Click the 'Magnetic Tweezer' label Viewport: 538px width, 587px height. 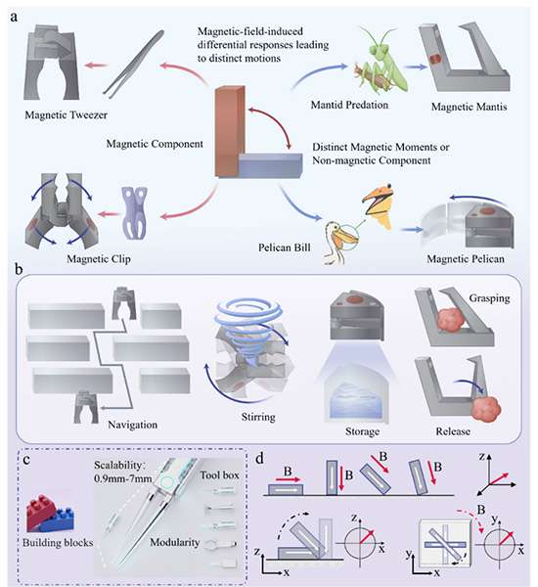[x=67, y=114]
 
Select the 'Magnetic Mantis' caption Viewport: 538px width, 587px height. [x=470, y=107]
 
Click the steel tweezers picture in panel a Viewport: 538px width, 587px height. [x=134, y=64]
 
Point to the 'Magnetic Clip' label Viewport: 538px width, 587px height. [x=99, y=258]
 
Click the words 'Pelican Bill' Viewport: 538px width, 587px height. [x=285, y=248]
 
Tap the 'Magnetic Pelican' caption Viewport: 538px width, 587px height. [x=466, y=258]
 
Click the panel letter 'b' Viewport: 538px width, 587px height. [x=19, y=269]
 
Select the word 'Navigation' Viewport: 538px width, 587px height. [x=132, y=425]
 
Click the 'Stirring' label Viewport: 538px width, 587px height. [x=258, y=417]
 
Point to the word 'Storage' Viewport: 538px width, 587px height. [x=362, y=431]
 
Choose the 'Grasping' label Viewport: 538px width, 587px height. [x=489, y=298]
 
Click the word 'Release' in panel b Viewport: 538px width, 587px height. [x=453, y=431]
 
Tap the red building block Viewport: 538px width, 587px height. [x=42, y=511]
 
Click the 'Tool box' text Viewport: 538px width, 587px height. [x=219, y=475]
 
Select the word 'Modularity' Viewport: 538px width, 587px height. [x=174, y=542]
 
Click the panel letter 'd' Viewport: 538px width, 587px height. [x=259, y=458]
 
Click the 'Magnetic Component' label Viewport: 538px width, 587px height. [x=155, y=144]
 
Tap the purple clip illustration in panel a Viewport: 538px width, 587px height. [x=135, y=212]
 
